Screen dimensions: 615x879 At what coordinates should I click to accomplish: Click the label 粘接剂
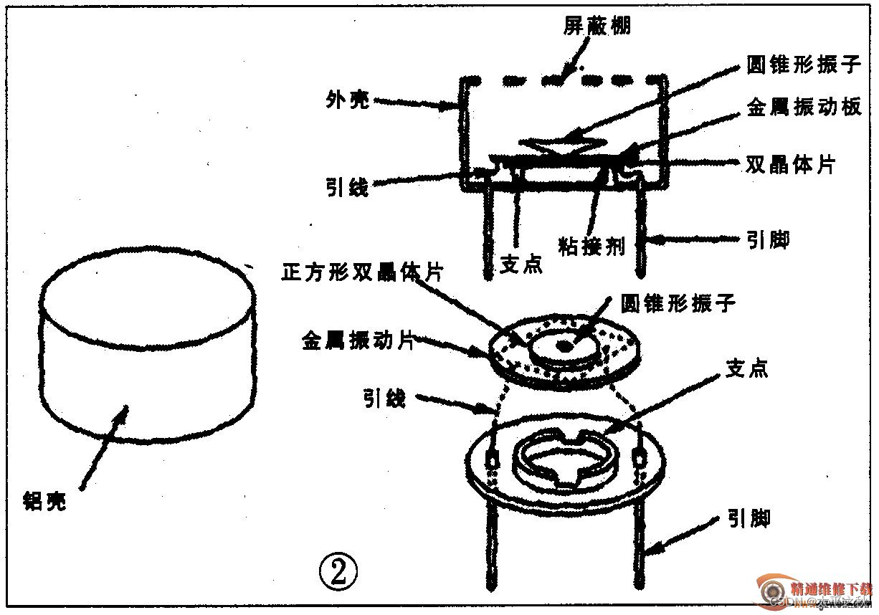[591, 247]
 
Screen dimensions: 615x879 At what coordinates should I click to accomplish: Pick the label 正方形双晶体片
[363, 272]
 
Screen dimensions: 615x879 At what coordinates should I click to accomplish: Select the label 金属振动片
[358, 340]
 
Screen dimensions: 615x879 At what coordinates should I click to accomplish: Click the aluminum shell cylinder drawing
[147, 351]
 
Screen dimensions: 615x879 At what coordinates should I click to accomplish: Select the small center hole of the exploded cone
[564, 346]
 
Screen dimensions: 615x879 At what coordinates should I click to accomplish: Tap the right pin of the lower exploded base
[637, 545]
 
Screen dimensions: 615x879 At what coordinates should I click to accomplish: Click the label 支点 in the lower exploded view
[747, 368]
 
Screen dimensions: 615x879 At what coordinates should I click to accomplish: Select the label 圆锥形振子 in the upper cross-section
[803, 65]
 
